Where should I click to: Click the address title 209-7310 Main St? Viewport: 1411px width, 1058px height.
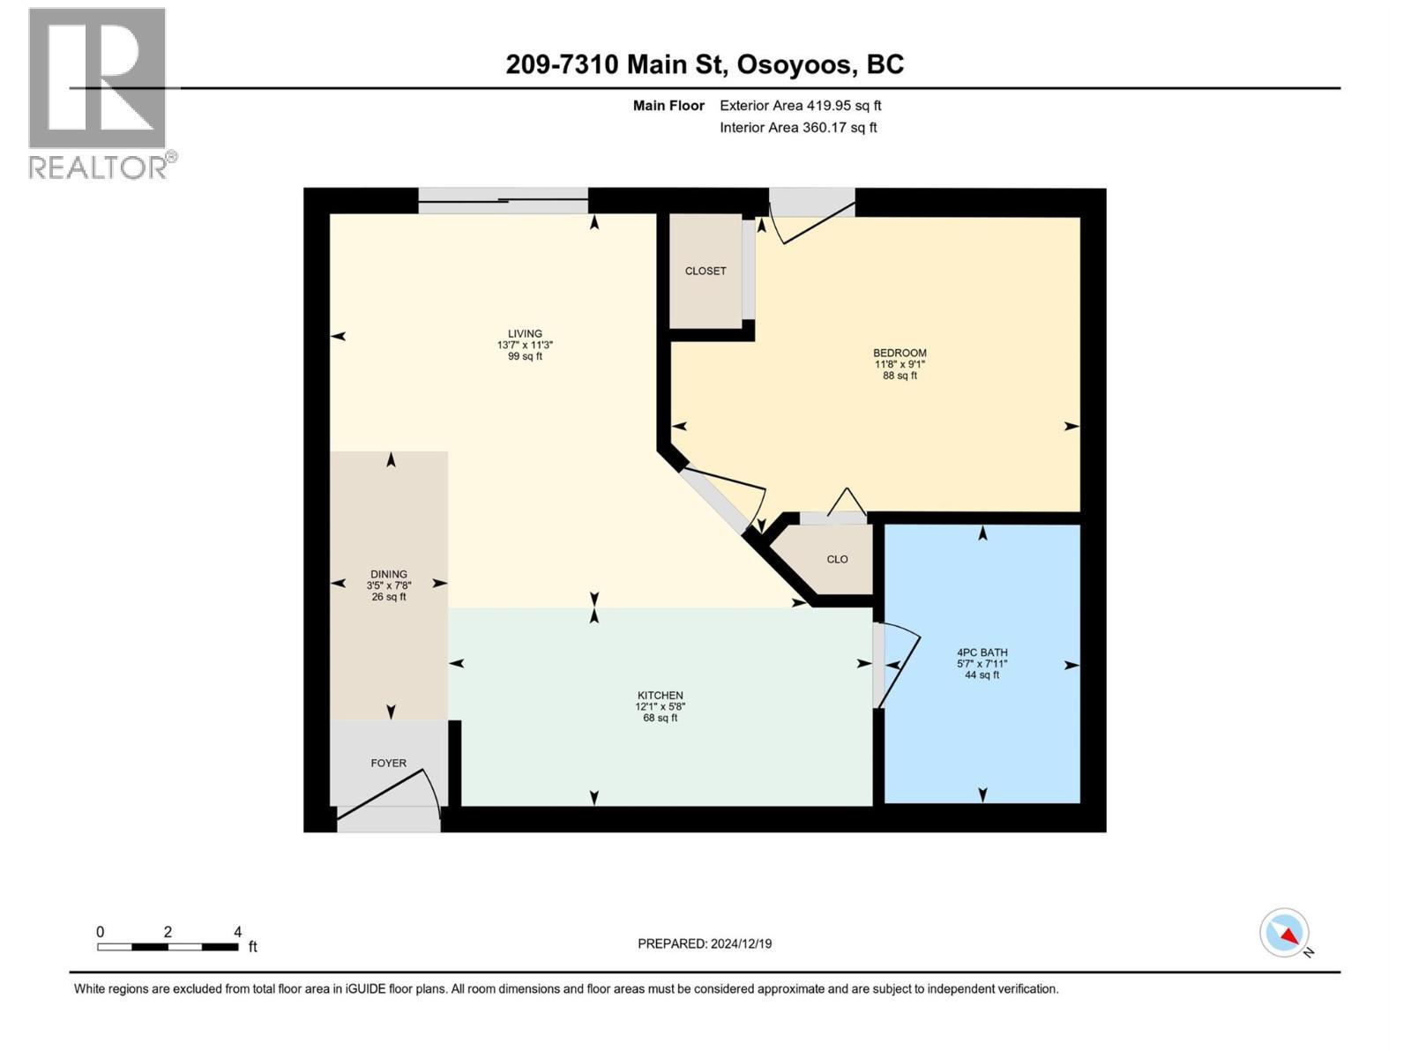click(x=705, y=64)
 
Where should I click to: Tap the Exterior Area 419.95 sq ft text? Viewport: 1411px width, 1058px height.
click(x=800, y=106)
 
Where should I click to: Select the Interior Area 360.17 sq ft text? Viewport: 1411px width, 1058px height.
click(x=797, y=128)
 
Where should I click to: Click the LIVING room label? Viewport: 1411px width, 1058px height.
click(x=525, y=334)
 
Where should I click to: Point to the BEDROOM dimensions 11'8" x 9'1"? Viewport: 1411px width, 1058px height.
click(x=900, y=364)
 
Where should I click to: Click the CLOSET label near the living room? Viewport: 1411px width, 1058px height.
click(x=705, y=272)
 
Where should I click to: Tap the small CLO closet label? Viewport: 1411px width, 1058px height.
click(x=837, y=560)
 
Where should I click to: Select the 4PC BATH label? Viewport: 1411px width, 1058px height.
click(x=982, y=653)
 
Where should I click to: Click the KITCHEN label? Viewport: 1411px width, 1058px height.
click(x=661, y=696)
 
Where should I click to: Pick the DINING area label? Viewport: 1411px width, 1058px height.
click(x=389, y=574)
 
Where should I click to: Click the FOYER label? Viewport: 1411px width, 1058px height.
click(x=388, y=764)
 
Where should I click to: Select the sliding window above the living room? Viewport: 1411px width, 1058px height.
click(x=503, y=201)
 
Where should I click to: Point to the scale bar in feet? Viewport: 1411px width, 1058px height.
click(x=168, y=947)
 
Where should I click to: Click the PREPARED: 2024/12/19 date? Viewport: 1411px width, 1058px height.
click(x=705, y=944)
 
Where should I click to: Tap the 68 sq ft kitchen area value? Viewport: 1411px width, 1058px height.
click(x=661, y=719)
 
